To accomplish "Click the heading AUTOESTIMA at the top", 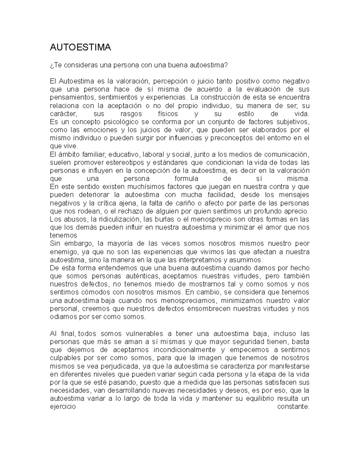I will (80, 47).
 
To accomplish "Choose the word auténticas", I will (141, 276).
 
